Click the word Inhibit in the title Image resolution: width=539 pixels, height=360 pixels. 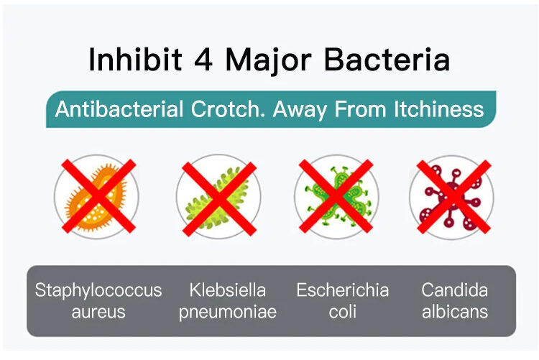(x=135, y=59)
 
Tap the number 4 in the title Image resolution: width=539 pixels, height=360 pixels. (x=203, y=60)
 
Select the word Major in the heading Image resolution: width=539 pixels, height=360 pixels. (x=268, y=61)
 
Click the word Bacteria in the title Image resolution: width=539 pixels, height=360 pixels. (x=387, y=59)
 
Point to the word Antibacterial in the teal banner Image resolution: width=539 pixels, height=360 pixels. (x=119, y=109)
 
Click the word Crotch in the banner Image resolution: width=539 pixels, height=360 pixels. (x=228, y=109)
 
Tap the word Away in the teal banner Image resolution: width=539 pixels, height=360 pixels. (x=300, y=110)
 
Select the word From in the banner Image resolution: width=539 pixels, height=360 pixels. (x=360, y=109)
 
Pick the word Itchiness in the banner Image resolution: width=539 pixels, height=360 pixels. (x=438, y=109)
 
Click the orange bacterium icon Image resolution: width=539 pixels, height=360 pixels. (x=96, y=197)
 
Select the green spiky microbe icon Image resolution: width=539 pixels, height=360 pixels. (x=338, y=197)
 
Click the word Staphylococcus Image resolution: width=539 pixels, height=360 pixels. (x=98, y=290)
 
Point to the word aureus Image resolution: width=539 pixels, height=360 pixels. (x=98, y=312)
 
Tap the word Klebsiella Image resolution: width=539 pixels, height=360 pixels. (x=228, y=290)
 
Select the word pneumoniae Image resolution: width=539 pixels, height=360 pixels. (x=228, y=313)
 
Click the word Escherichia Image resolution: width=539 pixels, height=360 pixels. (x=343, y=290)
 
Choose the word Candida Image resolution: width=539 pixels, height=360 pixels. (x=454, y=290)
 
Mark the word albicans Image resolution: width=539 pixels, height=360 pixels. (x=455, y=312)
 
